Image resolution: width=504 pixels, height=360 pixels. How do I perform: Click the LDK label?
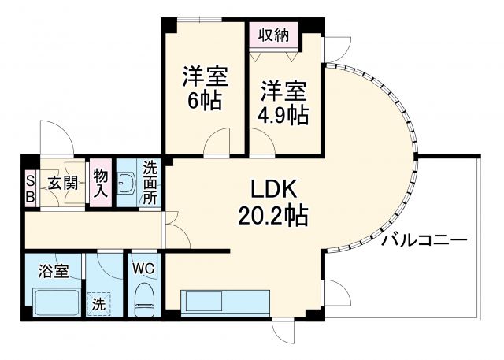[275, 190]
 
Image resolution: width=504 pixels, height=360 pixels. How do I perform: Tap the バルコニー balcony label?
[424, 239]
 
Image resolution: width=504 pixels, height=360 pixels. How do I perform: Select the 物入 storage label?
[100, 183]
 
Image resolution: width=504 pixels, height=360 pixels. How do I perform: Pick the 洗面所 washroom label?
[150, 183]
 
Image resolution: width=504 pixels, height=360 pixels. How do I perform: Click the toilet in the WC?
[143, 299]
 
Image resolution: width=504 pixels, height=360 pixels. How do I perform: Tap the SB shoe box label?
[30, 189]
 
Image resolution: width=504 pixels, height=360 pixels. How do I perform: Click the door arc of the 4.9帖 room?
[264, 143]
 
